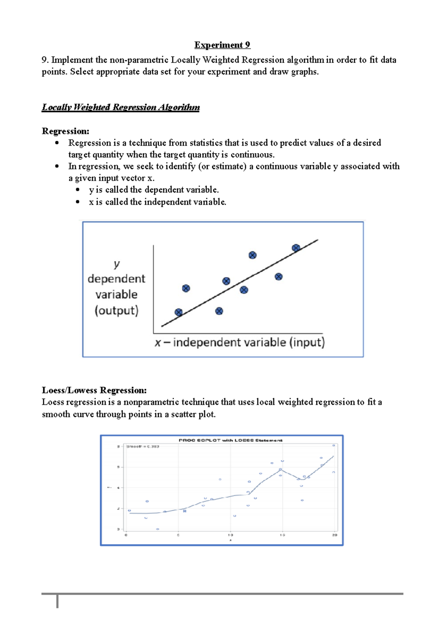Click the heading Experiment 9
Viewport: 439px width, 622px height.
pos(222,45)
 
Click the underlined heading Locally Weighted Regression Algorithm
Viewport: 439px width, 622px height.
pos(121,107)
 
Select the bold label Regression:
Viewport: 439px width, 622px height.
pos(65,131)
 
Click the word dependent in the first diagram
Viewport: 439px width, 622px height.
pos(116,279)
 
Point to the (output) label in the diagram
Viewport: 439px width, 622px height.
pos(116,310)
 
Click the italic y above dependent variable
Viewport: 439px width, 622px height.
pos(116,263)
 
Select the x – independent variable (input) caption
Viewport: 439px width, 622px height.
pos(240,342)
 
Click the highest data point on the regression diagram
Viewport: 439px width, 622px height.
pos(296,248)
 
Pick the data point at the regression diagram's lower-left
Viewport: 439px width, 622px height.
pos(179,312)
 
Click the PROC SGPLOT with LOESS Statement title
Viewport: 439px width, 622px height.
pos(230,440)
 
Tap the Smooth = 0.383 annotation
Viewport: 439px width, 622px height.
pos(143,447)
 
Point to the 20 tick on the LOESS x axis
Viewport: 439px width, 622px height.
pos(334,535)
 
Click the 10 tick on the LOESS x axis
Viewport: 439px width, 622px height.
pos(230,535)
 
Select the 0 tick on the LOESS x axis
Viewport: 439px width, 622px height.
pos(126,535)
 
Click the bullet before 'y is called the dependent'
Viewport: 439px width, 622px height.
pos(78,190)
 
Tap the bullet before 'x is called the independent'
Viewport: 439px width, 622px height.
pos(78,202)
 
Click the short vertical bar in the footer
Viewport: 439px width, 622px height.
pos(57,601)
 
